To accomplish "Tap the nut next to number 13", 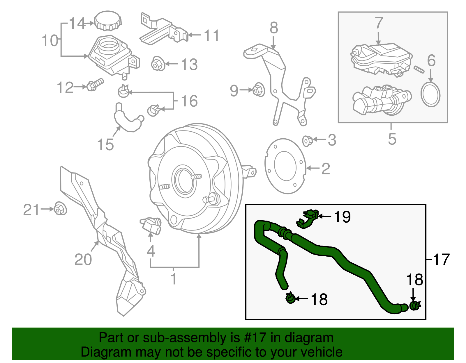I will point(158,64).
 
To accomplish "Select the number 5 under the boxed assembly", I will point(392,139).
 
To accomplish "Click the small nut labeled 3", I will point(308,141).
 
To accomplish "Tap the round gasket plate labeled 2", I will point(285,166).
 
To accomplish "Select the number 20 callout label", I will point(83,259).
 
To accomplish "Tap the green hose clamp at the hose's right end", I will point(415,306).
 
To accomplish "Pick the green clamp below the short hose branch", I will point(290,298).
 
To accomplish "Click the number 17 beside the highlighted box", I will point(441,259).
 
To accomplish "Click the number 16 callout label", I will point(189,101).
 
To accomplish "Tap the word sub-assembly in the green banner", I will point(176,338).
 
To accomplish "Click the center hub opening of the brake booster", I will point(184,181).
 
